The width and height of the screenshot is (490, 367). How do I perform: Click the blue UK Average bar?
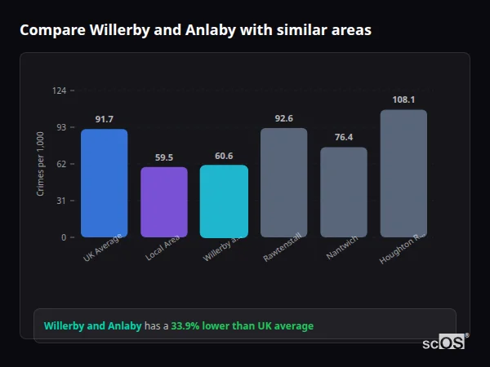point(104,183)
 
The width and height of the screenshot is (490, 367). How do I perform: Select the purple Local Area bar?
point(164,202)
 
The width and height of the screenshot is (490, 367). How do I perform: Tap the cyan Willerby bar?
point(224,201)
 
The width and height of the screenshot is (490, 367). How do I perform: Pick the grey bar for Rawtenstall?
point(283,183)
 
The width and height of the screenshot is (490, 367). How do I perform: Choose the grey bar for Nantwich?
point(344,192)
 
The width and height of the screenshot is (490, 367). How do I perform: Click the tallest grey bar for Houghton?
point(403,173)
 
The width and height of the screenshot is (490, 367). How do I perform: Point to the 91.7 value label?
point(104,119)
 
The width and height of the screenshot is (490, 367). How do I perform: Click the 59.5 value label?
point(164,157)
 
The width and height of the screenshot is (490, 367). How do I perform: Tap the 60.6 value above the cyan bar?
point(224,156)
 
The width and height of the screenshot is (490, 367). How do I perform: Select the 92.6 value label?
point(283,118)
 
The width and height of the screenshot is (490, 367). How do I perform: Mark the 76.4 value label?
point(344,137)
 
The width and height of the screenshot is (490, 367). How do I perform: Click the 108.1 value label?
point(403,99)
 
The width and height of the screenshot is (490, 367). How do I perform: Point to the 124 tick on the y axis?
point(59,91)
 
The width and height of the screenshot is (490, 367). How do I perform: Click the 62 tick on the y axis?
point(61,164)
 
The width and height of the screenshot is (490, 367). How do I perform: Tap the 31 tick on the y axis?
point(61,201)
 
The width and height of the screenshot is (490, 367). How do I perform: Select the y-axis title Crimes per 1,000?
point(40,164)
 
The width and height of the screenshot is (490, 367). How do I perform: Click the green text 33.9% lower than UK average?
point(242,326)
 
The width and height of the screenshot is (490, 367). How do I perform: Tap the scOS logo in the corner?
point(443,343)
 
